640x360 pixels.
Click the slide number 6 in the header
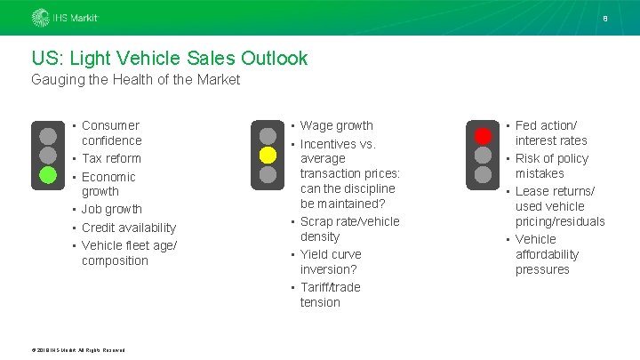click(605, 18)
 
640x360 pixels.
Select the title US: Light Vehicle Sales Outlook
click(170, 59)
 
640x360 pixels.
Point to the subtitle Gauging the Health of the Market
click(135, 81)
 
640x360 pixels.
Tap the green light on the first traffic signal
click(48, 174)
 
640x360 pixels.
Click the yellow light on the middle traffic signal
click(267, 155)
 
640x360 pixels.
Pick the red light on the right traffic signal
click(483, 136)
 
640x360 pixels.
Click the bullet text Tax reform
click(111, 158)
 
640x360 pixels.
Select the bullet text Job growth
click(112, 209)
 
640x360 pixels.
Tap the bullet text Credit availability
click(129, 228)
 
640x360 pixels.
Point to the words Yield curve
click(331, 254)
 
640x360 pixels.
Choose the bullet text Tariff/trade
click(330, 287)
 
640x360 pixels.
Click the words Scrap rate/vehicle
click(349, 221)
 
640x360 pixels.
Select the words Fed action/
click(546, 125)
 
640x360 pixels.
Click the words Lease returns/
click(555, 191)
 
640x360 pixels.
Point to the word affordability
click(547, 254)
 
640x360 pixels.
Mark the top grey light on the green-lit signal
click(48, 135)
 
